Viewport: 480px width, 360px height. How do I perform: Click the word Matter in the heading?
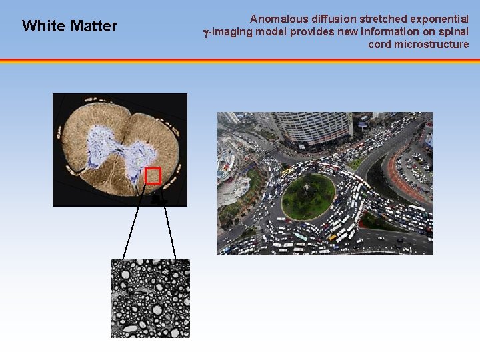click(x=93, y=26)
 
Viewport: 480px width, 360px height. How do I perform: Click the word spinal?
click(x=453, y=32)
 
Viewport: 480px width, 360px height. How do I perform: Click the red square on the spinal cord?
click(x=153, y=175)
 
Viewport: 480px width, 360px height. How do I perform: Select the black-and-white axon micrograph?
click(x=150, y=298)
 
